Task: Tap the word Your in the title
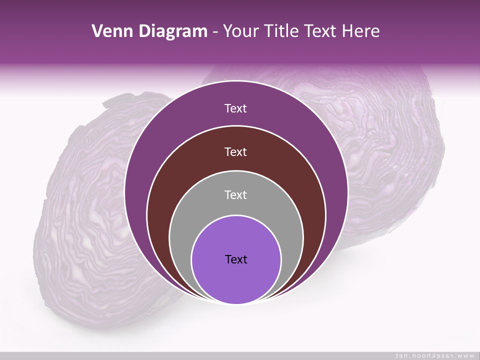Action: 240,31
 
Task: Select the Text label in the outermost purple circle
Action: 235,108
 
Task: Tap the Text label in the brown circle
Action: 235,152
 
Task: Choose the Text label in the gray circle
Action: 235,195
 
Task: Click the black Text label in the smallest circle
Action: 236,259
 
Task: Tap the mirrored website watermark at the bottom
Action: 434,355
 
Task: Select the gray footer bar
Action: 200,355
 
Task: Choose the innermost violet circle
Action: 236,280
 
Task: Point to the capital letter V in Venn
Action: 97,31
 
